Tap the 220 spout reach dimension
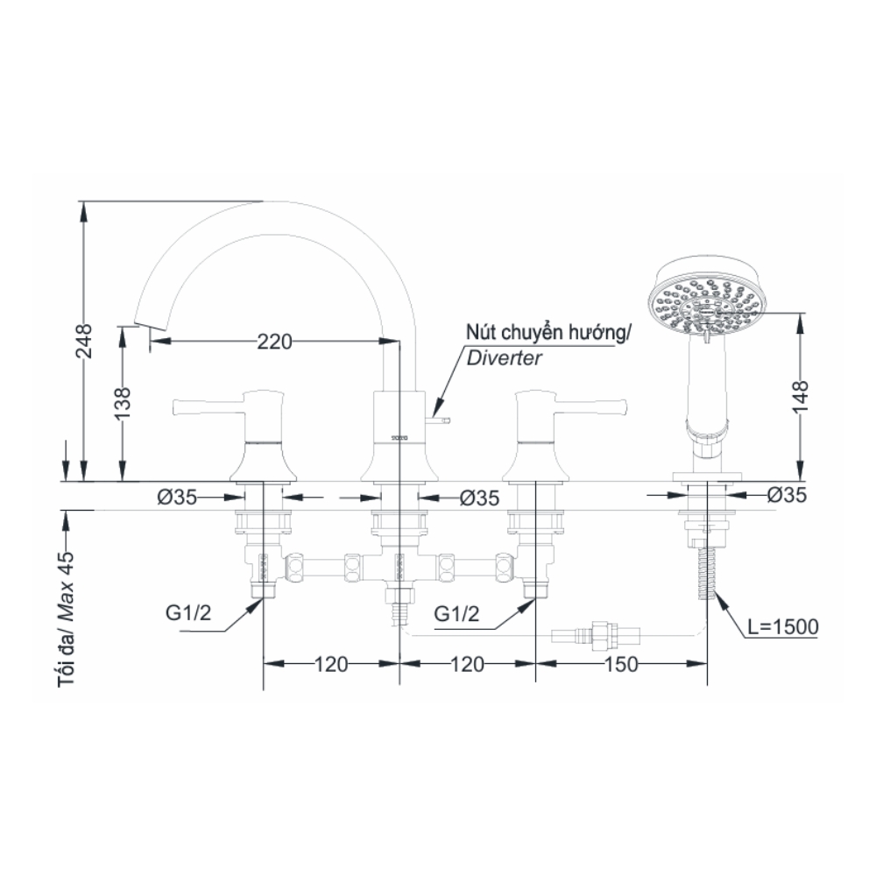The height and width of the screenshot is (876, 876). pos(274,343)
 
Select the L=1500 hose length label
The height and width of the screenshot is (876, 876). pos(783,626)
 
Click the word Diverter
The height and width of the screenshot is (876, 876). pos(504,357)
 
